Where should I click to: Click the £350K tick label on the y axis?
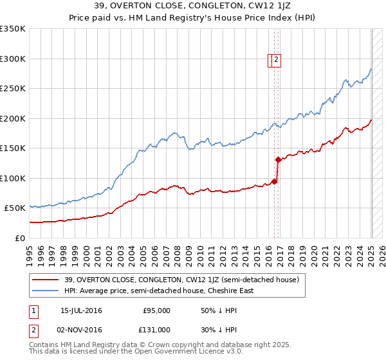(13, 29)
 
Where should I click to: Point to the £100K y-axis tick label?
(13, 178)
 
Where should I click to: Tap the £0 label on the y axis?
(21, 238)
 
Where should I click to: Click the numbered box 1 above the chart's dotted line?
(271, 60)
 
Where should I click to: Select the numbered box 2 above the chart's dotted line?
(277, 60)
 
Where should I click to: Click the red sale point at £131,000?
(277, 159)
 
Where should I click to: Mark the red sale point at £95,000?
(274, 181)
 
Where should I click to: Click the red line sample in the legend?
(45, 280)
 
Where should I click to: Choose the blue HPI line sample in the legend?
(45, 291)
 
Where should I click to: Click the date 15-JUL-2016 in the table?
(81, 310)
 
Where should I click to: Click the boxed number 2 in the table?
(33, 330)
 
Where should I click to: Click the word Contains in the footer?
(44, 345)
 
